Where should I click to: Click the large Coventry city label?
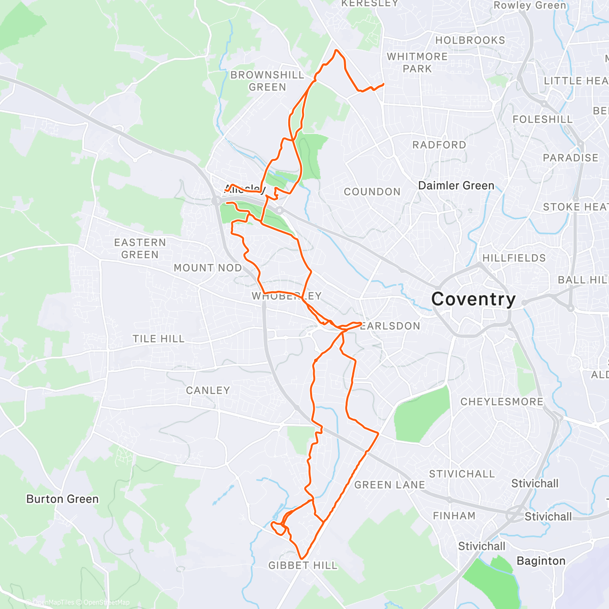473,299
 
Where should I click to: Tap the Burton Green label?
62,499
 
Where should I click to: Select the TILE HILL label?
158,339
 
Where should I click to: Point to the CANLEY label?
208,390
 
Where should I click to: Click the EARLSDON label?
390,326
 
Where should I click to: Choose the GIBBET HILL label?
303,565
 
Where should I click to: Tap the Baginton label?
541,561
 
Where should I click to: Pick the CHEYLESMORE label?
502,401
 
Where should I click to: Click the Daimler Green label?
456,186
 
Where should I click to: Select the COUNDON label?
373,192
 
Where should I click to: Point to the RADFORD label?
439,145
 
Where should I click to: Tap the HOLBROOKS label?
470,40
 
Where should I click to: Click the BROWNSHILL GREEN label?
267,81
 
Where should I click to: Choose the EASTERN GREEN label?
140,249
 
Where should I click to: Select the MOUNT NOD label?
208,267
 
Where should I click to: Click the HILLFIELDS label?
514,258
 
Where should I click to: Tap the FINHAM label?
454,516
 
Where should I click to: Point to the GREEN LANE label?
390,485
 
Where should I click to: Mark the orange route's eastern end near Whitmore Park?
383,84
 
